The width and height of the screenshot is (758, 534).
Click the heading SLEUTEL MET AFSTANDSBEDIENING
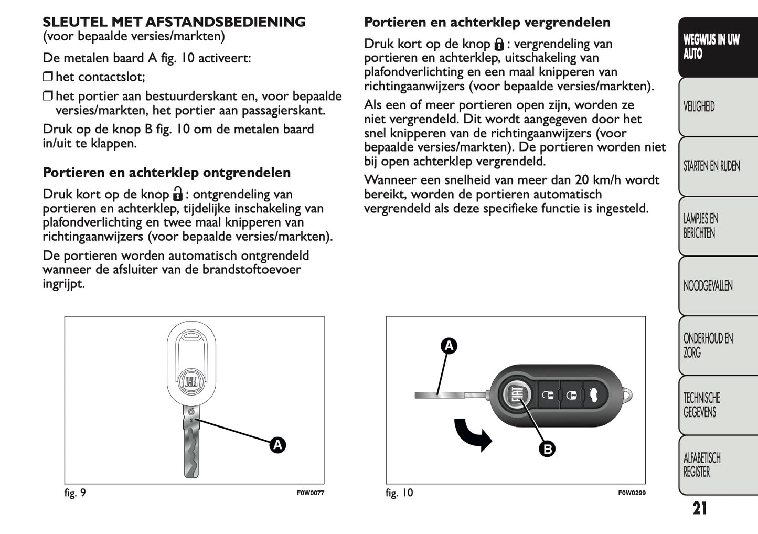174,22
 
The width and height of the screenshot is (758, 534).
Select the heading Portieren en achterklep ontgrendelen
166,173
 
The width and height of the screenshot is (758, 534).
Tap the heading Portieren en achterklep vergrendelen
487,22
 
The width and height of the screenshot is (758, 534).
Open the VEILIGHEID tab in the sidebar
699,106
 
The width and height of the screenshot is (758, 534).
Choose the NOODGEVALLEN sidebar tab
708,286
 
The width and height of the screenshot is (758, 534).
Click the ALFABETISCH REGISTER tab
701,465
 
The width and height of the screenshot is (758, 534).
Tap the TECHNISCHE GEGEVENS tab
701,405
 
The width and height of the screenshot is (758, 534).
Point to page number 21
699,508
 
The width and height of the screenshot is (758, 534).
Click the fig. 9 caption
75,493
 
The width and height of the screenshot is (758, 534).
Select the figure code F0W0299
632,493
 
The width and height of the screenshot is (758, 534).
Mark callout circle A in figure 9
277,445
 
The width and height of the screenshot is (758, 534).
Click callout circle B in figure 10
547,449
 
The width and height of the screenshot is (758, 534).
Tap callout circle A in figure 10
449,346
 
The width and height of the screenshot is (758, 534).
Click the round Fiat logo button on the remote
516,395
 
